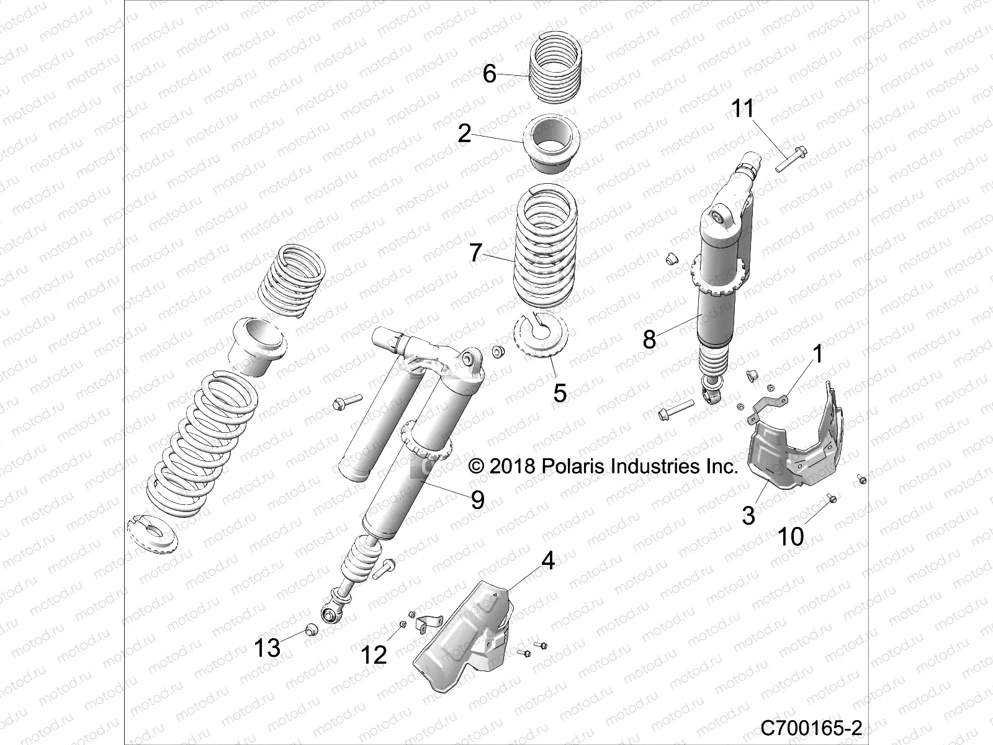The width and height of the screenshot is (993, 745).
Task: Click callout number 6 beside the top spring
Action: click(x=490, y=74)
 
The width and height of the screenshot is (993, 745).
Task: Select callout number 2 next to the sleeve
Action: click(x=465, y=133)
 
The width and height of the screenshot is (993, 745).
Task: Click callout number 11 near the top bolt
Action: click(x=742, y=109)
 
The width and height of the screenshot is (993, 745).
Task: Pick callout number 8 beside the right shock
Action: click(x=649, y=340)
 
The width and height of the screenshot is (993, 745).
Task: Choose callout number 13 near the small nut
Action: click(x=267, y=649)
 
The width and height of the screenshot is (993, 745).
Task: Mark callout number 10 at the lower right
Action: click(x=791, y=536)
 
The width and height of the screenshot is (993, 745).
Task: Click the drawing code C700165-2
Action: click(x=812, y=727)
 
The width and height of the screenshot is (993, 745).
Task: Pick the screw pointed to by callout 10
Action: click(x=832, y=498)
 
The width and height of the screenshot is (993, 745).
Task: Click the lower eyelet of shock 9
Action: click(x=330, y=614)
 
